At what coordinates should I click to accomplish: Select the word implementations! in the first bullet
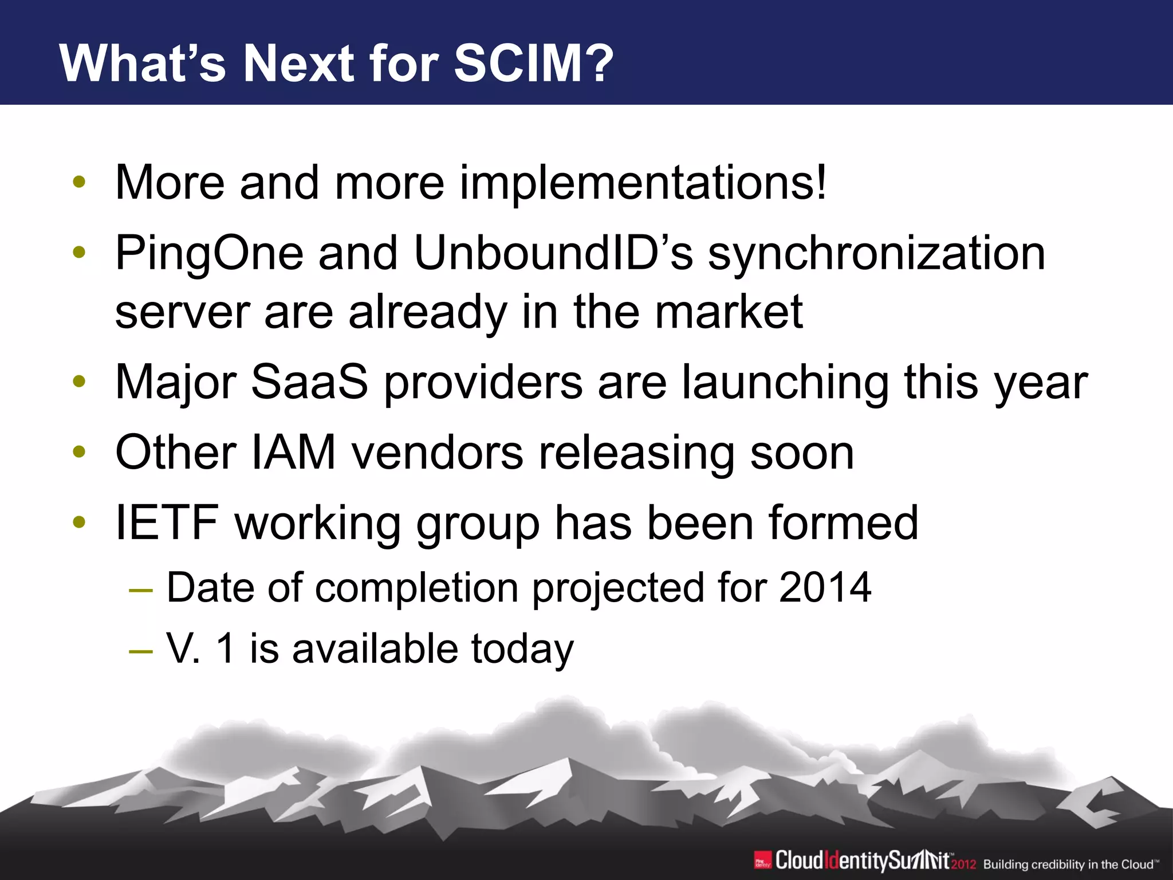pos(643,183)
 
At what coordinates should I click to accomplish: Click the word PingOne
pos(208,254)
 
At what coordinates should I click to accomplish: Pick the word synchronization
pos(877,254)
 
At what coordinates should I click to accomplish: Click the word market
pos(729,312)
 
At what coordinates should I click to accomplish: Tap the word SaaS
pos(309,382)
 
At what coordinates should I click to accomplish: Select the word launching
pos(785,383)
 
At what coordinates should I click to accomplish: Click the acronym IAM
pos(293,453)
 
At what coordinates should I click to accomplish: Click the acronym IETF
pos(167,522)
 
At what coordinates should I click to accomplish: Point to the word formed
pos(843,522)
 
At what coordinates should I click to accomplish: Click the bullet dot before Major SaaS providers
pos(80,382)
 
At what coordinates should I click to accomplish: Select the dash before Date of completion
pos(141,590)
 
